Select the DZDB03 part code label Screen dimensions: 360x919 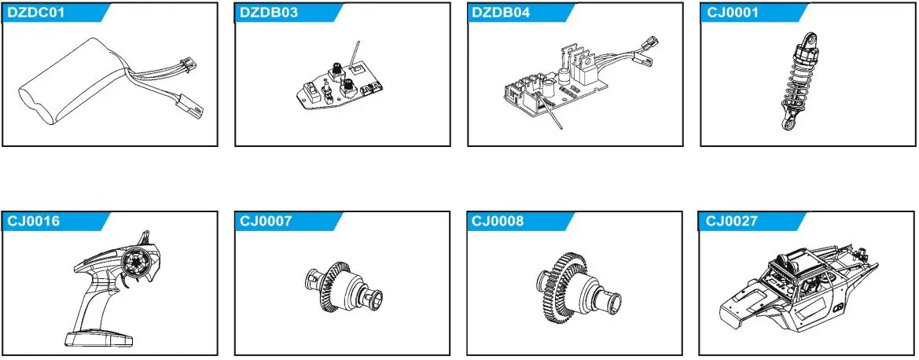(265, 13)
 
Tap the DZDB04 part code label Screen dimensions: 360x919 (498, 13)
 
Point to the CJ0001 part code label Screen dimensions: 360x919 (727, 13)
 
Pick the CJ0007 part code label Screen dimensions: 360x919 (264, 222)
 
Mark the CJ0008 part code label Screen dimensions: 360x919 (497, 222)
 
